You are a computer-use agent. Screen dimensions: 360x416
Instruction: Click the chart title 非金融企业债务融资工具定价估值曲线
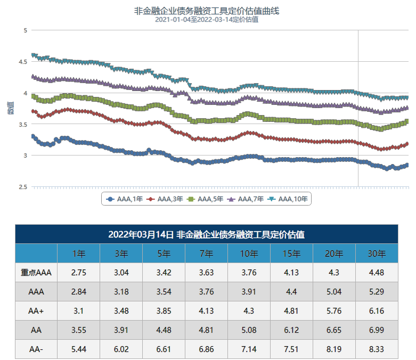tap(207, 10)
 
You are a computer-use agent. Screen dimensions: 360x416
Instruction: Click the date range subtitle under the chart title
tap(207, 20)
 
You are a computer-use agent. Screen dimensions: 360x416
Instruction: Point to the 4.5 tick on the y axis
tap(22, 62)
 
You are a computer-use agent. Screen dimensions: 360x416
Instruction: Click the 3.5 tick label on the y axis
tap(22, 125)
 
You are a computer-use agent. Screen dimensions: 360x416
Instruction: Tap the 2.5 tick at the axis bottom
tap(22, 187)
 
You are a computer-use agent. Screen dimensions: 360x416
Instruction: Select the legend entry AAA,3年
tap(166, 199)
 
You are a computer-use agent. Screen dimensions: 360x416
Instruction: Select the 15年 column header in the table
tap(291, 253)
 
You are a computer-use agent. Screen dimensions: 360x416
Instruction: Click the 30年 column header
tap(377, 253)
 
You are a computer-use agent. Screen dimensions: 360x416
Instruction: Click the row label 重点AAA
tap(36, 273)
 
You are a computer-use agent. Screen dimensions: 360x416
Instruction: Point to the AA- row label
tap(36, 349)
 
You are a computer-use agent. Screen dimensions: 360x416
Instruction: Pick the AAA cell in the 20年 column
tap(334, 292)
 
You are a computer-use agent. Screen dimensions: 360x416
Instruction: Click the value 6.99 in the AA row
tap(377, 330)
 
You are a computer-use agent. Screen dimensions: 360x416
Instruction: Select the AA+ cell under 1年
tap(78, 311)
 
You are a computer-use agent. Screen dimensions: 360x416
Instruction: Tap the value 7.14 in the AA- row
tap(249, 349)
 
